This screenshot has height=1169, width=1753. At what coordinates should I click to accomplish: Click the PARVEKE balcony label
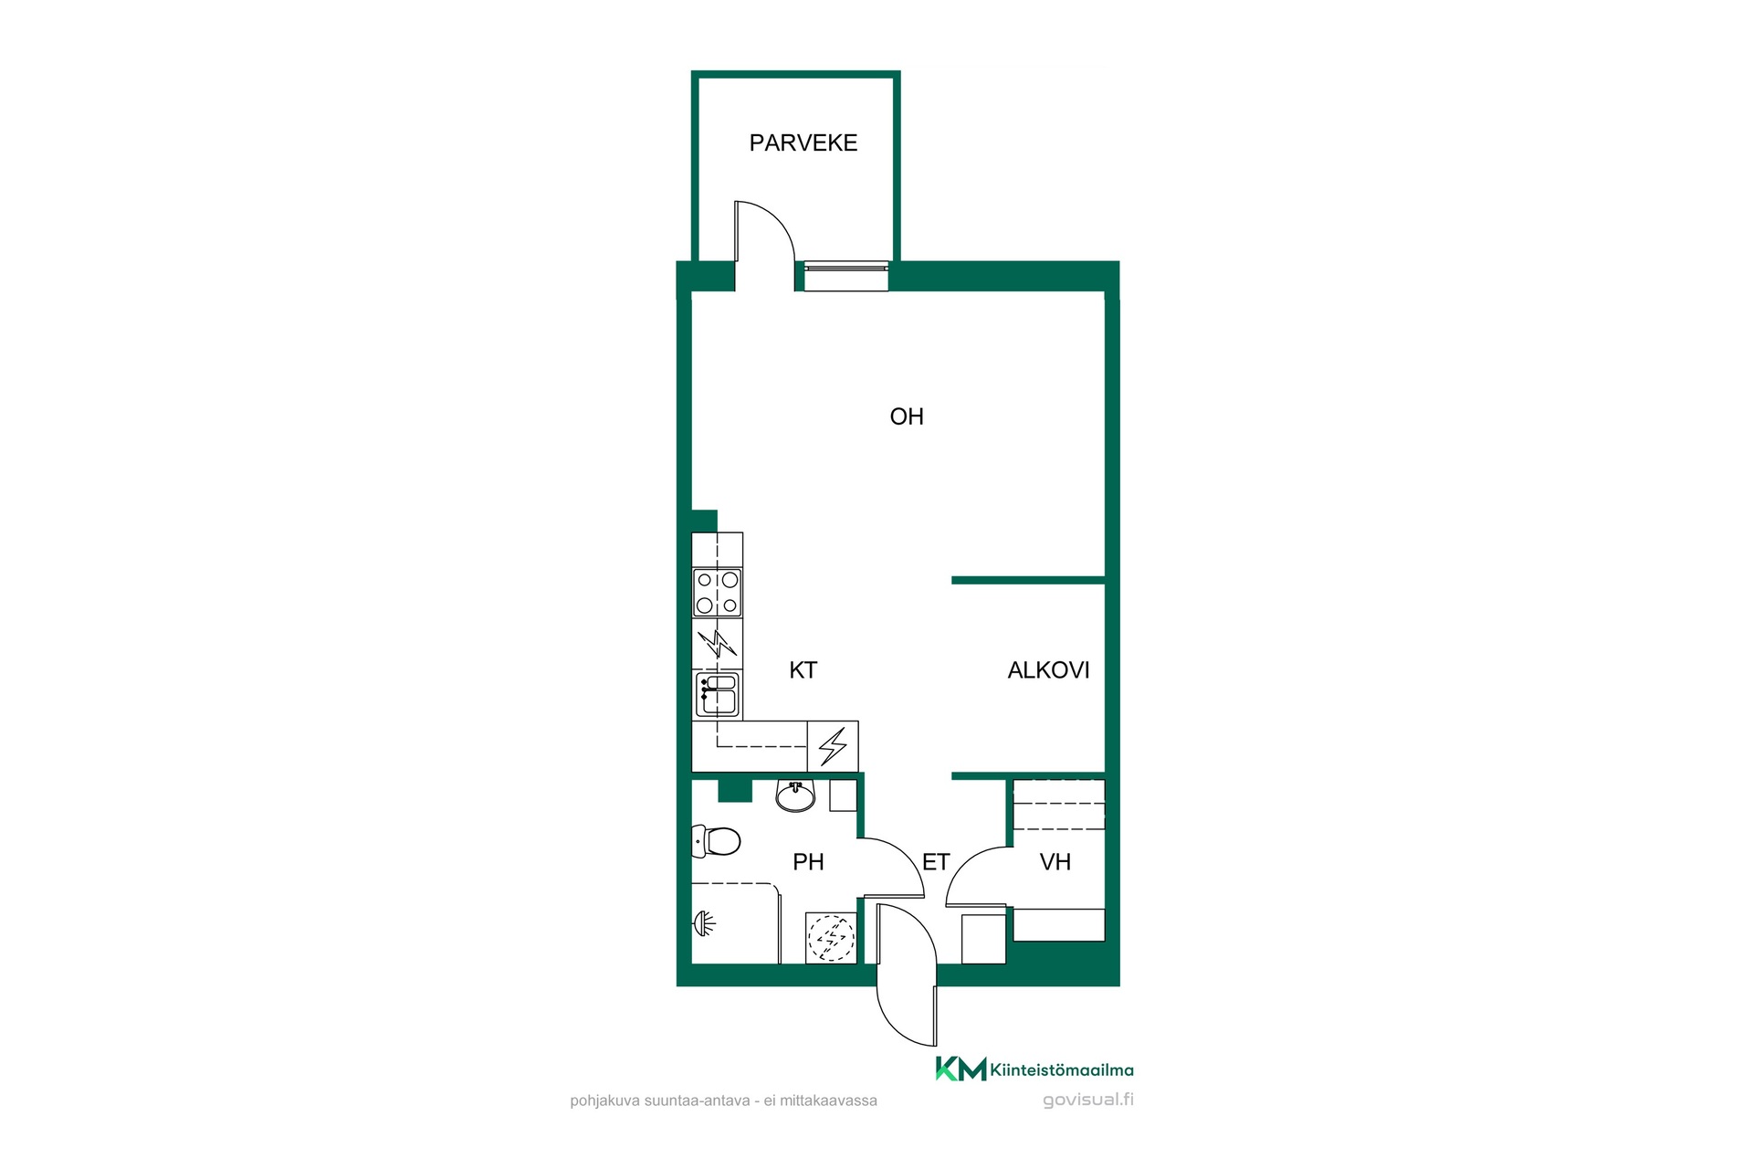[x=803, y=142]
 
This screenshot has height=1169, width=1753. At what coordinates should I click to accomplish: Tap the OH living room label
[x=907, y=416]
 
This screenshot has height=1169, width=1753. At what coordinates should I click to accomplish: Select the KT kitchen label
[x=803, y=670]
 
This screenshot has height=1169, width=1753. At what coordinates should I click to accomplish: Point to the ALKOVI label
[x=1048, y=670]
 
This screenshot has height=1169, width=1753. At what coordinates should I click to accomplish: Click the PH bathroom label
[x=808, y=862]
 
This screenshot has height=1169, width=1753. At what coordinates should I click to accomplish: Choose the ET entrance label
[x=936, y=862]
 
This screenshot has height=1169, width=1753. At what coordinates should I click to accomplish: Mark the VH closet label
[x=1055, y=862]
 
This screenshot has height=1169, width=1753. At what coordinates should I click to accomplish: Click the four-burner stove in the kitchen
[x=718, y=592]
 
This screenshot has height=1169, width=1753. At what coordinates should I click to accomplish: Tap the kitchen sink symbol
[x=718, y=695]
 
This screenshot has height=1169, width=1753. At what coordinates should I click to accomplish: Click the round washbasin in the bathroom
[x=795, y=796]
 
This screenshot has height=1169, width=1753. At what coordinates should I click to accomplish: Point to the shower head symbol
[x=704, y=924]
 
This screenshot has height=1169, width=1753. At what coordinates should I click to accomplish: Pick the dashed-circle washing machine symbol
[x=831, y=938]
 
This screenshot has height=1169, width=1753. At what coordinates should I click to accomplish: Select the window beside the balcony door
[x=845, y=277]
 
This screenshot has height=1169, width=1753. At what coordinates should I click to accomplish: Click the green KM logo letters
[x=960, y=1069]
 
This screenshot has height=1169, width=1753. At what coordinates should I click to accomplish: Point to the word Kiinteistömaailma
[x=1062, y=1070]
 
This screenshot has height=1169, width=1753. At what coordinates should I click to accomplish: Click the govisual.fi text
[x=1088, y=1100]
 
